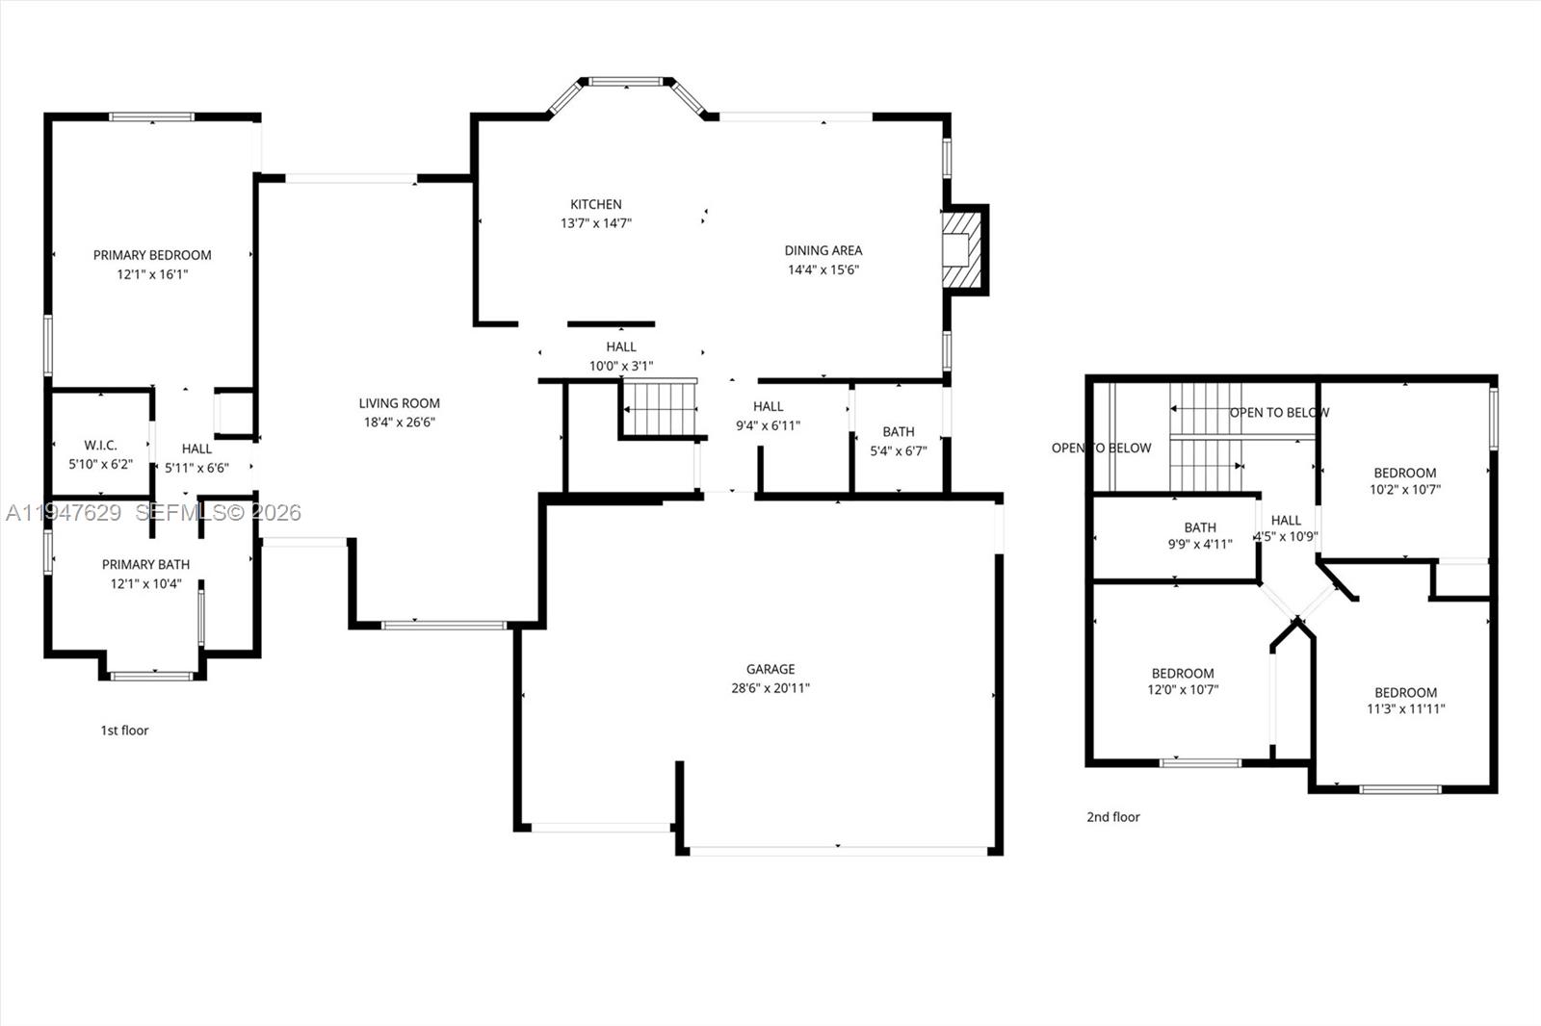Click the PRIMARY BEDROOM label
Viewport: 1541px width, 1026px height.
[x=152, y=255]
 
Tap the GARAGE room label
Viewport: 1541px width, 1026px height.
[x=770, y=669]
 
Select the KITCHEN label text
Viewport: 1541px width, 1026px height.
[x=596, y=204]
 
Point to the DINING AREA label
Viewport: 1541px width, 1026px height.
[x=823, y=250]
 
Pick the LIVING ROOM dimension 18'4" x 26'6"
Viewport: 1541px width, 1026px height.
[x=400, y=422]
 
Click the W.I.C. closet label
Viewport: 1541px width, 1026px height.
[x=100, y=446]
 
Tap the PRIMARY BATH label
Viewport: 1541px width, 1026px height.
[x=145, y=564]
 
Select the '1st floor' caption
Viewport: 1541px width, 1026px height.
[x=125, y=731]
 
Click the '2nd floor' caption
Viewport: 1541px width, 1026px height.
[x=1113, y=817]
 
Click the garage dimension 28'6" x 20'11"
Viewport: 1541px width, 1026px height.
[x=770, y=688]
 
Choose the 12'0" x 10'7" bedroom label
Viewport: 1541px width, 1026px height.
[x=1183, y=681]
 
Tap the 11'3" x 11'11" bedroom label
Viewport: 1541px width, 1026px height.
[x=1406, y=701]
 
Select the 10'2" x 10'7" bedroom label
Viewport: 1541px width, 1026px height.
[x=1405, y=481]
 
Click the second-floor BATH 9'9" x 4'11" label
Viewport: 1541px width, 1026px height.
[x=1200, y=535]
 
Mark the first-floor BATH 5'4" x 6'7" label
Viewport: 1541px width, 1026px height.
[x=899, y=441]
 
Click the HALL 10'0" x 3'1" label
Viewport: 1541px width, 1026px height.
[x=621, y=356]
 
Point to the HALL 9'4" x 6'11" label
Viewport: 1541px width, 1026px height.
[x=769, y=416]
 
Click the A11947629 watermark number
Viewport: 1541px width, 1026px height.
[x=65, y=513]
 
